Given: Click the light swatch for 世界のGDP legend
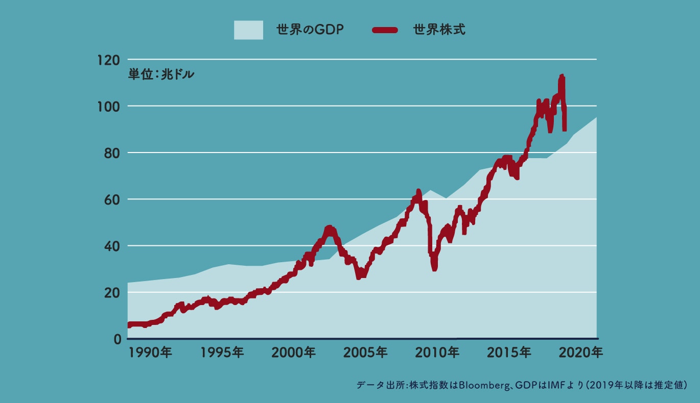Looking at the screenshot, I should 248,30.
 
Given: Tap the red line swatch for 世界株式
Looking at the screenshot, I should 385,30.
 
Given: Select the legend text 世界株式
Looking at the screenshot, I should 439,30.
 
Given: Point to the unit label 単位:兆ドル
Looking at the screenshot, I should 161,74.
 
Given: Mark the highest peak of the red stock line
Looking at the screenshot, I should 562,76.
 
